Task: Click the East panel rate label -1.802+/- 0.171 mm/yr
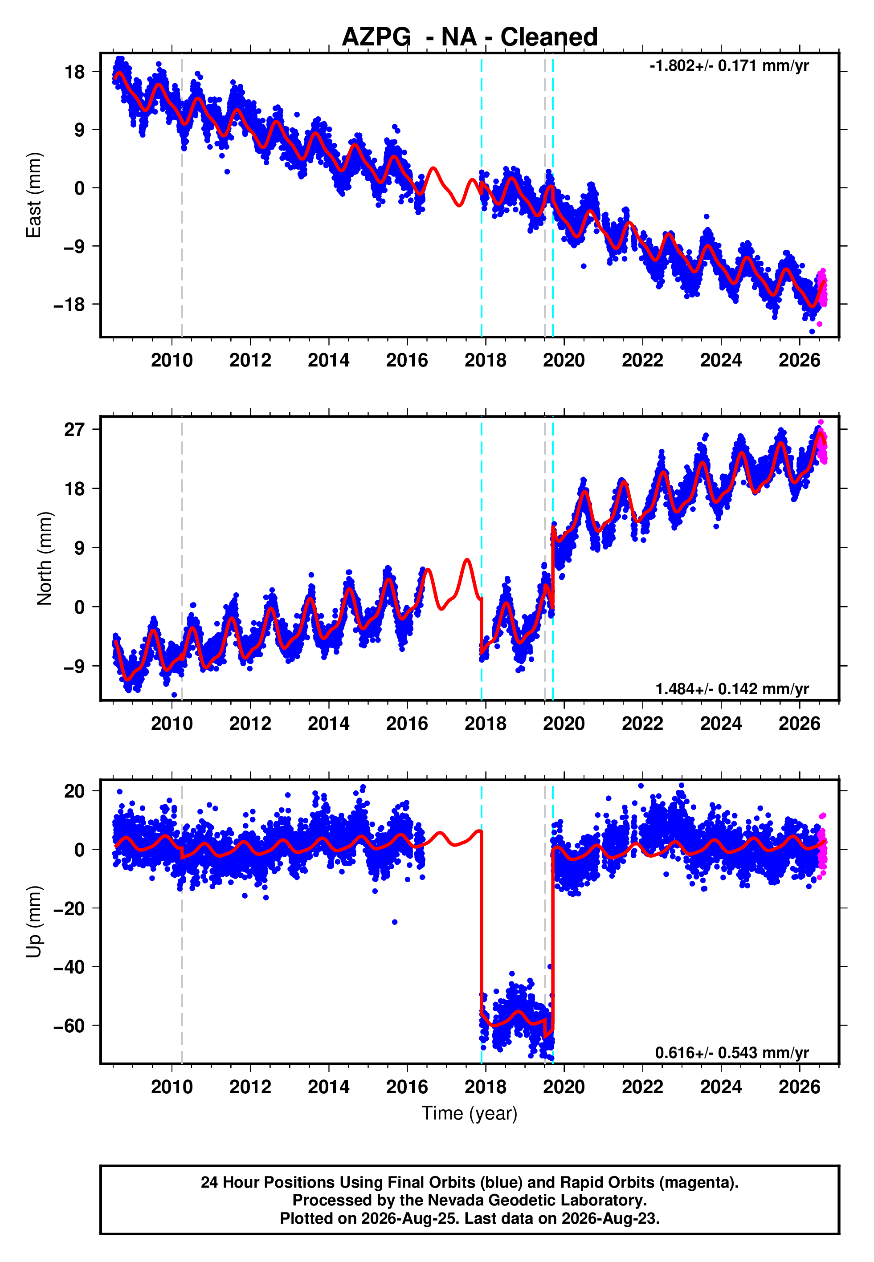click(x=729, y=65)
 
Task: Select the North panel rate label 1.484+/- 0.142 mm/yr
click(x=732, y=688)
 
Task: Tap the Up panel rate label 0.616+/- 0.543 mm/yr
click(x=732, y=1052)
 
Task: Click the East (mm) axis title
click(x=34, y=195)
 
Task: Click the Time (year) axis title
click(x=470, y=1114)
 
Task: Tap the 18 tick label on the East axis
click(x=74, y=72)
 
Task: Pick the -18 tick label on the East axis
click(x=69, y=304)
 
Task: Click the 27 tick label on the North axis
click(x=74, y=430)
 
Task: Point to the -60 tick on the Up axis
click(x=69, y=1026)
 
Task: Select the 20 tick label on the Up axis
click(x=74, y=791)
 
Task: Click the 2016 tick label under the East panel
click(x=407, y=360)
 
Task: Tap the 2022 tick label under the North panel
click(x=642, y=724)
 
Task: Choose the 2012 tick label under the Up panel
click(x=250, y=1087)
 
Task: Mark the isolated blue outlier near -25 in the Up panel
click(x=395, y=922)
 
